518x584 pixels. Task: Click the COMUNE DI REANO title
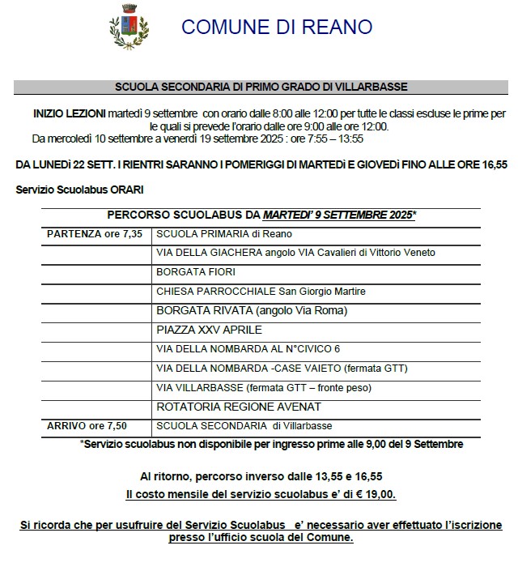pos(277,27)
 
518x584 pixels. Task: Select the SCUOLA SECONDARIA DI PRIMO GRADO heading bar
pos(261,86)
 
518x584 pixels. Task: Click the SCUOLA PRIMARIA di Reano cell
pos(223,234)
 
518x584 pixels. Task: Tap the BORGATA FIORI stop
pos(194,272)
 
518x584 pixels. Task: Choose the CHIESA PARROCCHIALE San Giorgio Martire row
pos(261,291)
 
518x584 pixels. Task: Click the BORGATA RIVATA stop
pos(251,310)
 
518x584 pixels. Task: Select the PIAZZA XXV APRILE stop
pos(209,330)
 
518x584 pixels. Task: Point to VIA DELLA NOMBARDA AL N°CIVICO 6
pos(248,349)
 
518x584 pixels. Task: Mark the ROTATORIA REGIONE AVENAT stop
pos(239,407)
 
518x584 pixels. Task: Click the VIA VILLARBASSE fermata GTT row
pos(263,388)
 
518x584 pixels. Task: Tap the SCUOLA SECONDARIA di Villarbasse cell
pos(244,425)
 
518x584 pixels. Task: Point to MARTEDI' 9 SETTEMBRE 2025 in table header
pos(339,215)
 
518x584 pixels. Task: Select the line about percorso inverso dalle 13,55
pos(261,477)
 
